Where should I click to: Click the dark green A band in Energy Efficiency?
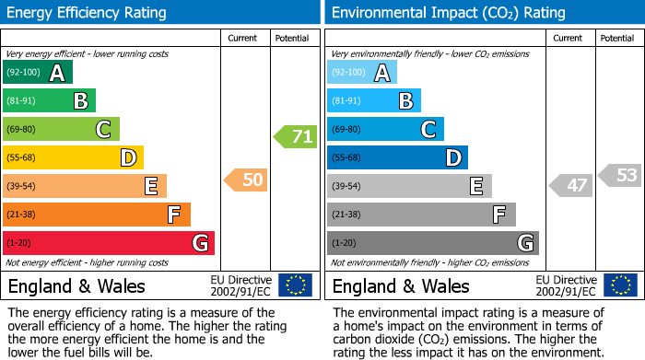tap(37, 73)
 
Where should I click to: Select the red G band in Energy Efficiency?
tap(108, 243)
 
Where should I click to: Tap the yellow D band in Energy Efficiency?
tap(73, 158)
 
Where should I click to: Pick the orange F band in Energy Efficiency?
tap(96, 215)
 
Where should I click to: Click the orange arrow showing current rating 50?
tap(246, 180)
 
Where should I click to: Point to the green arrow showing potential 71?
tap(295, 137)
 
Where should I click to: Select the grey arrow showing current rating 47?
tap(570, 185)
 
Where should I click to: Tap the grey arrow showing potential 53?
tap(620, 175)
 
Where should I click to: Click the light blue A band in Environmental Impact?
tap(361, 73)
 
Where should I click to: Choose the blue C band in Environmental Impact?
tap(385, 130)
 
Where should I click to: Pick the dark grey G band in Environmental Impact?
tap(432, 243)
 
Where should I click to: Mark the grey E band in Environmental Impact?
tap(409, 186)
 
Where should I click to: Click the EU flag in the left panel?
tap(295, 285)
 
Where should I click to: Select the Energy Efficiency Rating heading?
tap(88, 13)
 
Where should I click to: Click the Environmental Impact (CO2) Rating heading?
tap(448, 13)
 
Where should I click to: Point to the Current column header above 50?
tap(242, 38)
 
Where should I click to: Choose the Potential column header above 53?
tap(616, 38)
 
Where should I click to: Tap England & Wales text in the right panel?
tap(401, 285)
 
